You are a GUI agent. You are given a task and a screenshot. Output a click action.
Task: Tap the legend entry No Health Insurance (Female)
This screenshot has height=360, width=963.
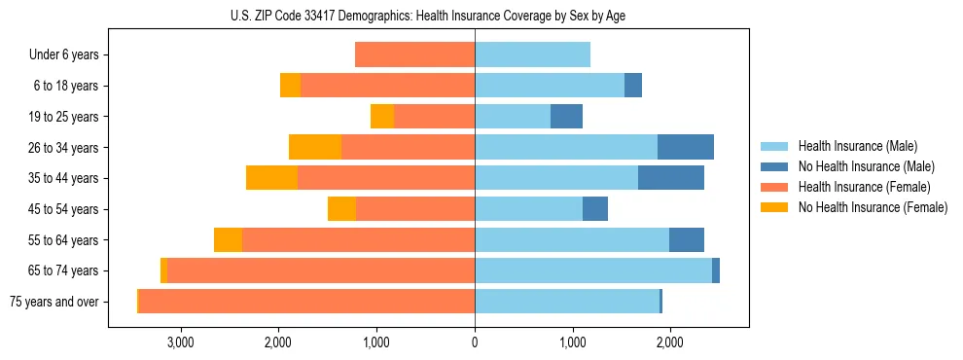(873, 207)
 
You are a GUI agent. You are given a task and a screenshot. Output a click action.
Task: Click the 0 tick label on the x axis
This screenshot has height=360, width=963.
(475, 342)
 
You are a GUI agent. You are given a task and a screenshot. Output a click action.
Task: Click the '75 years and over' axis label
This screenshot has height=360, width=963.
(54, 302)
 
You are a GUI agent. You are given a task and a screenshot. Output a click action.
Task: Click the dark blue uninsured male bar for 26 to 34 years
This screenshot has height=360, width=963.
(686, 147)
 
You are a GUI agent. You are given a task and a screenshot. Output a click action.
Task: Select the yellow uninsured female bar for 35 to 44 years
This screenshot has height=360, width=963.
(271, 178)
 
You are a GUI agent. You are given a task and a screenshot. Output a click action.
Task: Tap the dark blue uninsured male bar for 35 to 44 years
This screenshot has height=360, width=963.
(671, 178)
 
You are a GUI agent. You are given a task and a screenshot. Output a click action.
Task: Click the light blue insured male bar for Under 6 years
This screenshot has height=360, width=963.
(532, 55)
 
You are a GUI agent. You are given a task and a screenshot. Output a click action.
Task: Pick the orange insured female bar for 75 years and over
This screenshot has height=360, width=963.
(306, 302)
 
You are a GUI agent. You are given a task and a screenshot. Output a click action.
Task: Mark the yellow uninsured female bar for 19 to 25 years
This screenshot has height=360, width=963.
(382, 117)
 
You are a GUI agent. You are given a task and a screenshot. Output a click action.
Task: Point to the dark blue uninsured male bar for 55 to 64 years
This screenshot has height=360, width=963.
(687, 239)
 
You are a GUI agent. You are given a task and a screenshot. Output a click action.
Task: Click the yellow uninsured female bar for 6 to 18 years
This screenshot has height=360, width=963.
(290, 86)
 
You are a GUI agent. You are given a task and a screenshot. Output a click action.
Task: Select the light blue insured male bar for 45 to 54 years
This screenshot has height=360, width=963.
(528, 209)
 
